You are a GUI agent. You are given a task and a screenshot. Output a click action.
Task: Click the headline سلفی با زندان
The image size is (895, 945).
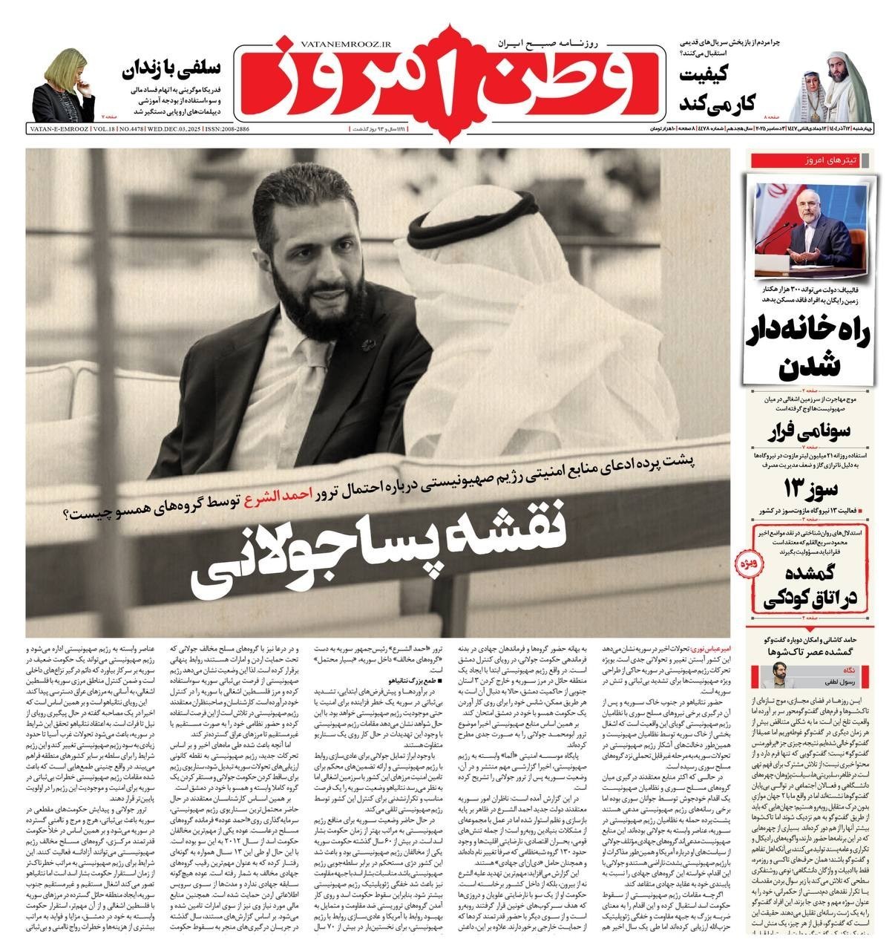[x=171, y=71]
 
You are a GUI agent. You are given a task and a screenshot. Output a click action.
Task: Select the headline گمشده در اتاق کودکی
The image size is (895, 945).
[x=809, y=586]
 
